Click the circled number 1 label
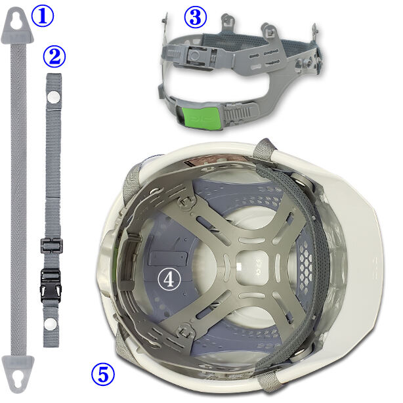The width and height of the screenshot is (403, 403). pos(43,16)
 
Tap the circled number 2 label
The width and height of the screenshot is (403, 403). pos(54,56)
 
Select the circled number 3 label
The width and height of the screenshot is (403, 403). pos(196,17)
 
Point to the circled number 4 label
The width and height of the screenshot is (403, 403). pos(169,279)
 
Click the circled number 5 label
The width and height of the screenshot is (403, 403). pos(103,374)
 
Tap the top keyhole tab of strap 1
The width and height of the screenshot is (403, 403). pos(17,26)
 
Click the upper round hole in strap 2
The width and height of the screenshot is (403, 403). pos(54,96)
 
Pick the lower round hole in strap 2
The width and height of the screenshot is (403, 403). pos(50,324)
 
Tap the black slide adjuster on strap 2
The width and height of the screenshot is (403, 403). pos(52,246)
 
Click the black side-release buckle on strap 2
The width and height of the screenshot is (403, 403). pos(51,285)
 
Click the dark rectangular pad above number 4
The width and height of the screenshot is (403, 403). pos(168,259)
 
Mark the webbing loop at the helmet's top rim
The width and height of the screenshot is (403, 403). pos(265,150)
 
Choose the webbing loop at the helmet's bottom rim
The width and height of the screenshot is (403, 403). pos(267,381)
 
